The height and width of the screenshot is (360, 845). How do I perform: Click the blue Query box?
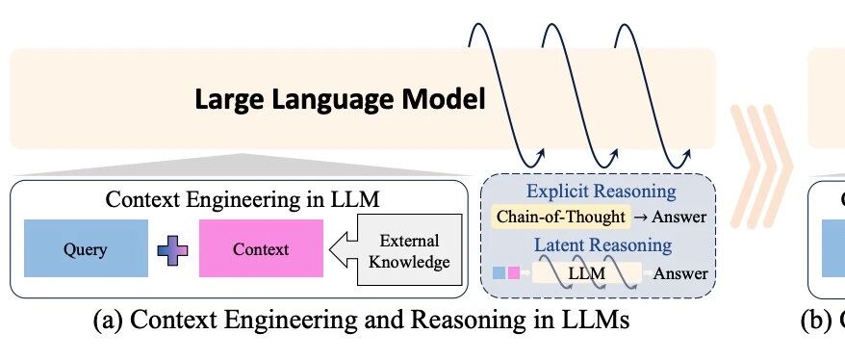coord(86,248)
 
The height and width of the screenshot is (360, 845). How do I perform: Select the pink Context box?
coord(262,248)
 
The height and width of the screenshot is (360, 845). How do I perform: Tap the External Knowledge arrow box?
coord(397,249)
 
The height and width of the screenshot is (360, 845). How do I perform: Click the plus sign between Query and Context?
coord(172,250)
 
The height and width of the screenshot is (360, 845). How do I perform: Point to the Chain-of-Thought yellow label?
coord(561,217)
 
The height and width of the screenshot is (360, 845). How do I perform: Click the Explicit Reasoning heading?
coord(601,192)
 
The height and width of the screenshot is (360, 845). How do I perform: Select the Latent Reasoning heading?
coord(603,245)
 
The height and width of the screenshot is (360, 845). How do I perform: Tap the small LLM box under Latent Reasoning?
coord(587,272)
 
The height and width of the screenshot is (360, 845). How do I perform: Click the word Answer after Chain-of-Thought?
coord(679,217)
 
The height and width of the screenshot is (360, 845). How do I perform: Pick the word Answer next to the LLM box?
coord(680,273)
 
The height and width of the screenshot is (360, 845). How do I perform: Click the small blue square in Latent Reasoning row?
coord(499,272)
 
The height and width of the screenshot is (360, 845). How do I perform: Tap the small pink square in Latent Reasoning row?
coord(514,272)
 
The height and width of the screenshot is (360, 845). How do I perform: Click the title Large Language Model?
coord(340,100)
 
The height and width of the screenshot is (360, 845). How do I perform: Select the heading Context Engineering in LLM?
coord(243,199)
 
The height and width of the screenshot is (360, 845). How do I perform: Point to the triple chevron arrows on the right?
coord(760,166)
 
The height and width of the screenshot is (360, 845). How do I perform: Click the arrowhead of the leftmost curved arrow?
coord(541,154)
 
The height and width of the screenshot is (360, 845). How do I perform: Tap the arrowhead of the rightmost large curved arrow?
coord(686,155)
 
